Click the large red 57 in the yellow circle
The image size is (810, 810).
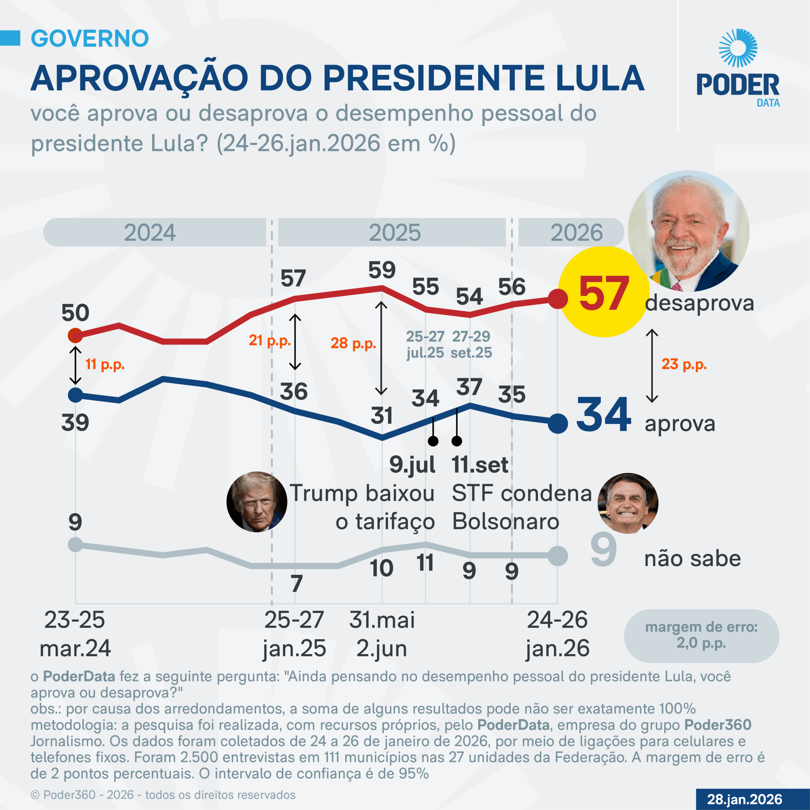(604, 294)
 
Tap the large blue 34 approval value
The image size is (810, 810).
(604, 415)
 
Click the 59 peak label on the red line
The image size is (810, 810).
(382, 270)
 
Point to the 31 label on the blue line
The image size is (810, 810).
(382, 415)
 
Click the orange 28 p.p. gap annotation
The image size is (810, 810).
(353, 343)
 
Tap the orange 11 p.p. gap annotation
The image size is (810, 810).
(105, 364)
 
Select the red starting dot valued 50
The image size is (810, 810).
(76, 335)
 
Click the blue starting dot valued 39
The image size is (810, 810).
(76, 395)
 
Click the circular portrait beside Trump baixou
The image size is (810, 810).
(257, 502)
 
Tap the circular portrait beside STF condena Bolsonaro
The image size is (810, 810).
(628, 503)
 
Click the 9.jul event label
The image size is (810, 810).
(412, 464)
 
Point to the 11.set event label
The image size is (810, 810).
(480, 464)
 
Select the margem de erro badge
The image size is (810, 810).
(701, 636)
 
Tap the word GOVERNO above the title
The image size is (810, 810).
(90, 39)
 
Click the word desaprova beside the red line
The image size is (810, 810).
(699, 303)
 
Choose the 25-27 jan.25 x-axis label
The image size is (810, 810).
(294, 634)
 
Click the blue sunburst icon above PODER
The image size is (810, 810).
(738, 48)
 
